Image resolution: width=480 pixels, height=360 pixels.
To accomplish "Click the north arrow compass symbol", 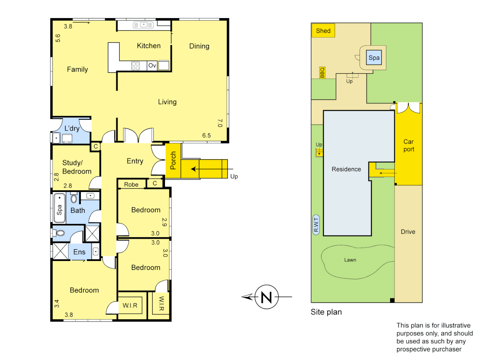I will coord(266,297).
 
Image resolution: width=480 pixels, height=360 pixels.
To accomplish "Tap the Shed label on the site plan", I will coord(323,31).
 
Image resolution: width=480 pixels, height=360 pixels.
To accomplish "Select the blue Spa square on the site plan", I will coord(374,58).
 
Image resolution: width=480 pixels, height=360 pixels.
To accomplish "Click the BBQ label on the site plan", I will coord(322,73).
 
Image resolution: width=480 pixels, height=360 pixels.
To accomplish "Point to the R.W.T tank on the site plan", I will coord(316,225).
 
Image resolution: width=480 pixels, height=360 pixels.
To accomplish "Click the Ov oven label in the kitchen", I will coord(152,66).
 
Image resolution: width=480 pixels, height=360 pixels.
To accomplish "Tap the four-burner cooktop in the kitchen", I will coord(135,66).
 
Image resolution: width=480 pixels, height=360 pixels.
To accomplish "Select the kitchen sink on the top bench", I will coord(143,25).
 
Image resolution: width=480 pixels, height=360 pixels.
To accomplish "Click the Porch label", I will coord(173,160).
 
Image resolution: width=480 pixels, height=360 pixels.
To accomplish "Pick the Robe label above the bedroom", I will coord(131,184).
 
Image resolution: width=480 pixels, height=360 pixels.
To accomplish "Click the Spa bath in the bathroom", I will coord(59,208).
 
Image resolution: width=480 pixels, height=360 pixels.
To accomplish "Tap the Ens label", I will coord(79,252).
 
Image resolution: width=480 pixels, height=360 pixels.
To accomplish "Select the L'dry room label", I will coord(72,128).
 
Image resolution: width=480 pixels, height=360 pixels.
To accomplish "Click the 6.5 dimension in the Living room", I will coord(206,135).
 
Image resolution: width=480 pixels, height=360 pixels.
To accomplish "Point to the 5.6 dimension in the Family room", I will coord(58,38).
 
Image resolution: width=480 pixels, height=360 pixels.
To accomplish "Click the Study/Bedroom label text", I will coord(77,167).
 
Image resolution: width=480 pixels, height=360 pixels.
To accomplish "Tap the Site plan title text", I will coord(326,312).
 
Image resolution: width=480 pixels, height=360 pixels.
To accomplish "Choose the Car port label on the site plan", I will coord(409,145).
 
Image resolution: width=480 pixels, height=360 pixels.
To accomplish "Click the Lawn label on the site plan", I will coord(350,260).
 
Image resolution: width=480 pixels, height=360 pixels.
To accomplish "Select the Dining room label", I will coord(199,46).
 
